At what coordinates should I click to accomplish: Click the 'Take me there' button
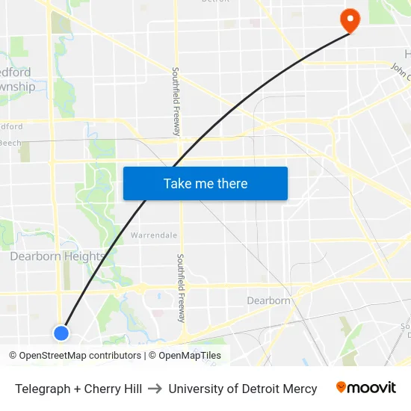point(205,184)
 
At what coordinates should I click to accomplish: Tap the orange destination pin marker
point(349,20)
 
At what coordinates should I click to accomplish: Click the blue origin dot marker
point(61,333)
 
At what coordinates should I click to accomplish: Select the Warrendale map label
point(154,235)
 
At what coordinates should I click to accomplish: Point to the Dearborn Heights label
point(58,256)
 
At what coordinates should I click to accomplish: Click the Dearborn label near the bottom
point(268,300)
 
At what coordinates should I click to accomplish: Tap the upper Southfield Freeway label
point(176,101)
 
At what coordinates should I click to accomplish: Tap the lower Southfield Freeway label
point(180,287)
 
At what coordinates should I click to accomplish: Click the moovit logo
point(366,388)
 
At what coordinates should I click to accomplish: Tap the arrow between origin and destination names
point(155,389)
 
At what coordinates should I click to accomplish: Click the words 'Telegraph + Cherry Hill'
point(78,389)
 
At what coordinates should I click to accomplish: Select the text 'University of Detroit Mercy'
point(243,389)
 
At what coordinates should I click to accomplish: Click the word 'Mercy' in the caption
point(300,389)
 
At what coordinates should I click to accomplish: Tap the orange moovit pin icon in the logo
point(342,388)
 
